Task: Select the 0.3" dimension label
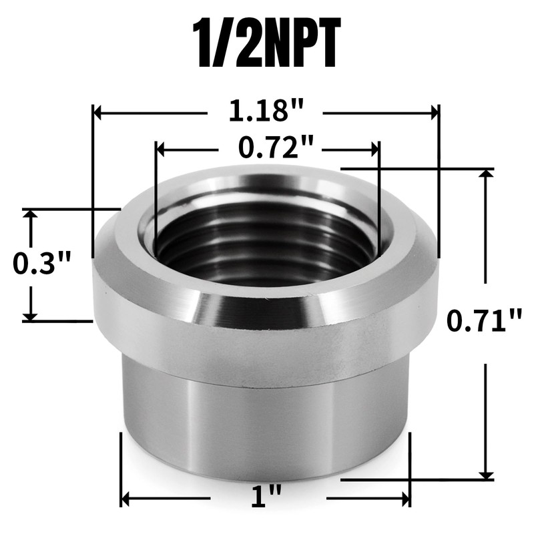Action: (41, 265)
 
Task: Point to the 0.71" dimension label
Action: (484, 322)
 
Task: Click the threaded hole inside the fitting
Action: (267, 240)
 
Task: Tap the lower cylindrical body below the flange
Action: (267, 427)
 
